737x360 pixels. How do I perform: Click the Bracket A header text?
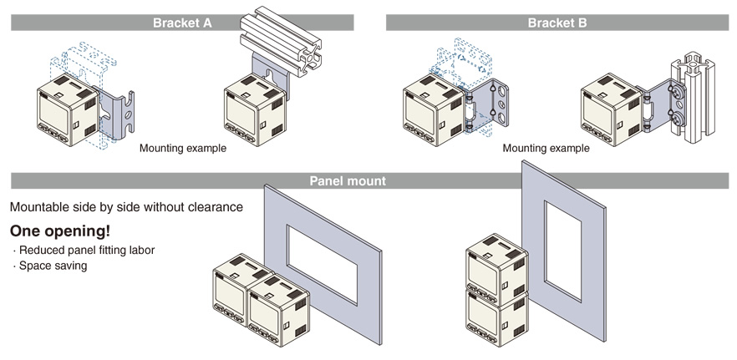(x=182, y=23)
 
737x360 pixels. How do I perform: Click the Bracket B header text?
(x=557, y=23)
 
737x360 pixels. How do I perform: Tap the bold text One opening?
(x=59, y=231)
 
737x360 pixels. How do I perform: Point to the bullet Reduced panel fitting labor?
(x=84, y=251)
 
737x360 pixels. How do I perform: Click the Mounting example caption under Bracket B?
(x=546, y=149)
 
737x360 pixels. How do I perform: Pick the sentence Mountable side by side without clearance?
(x=126, y=206)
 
